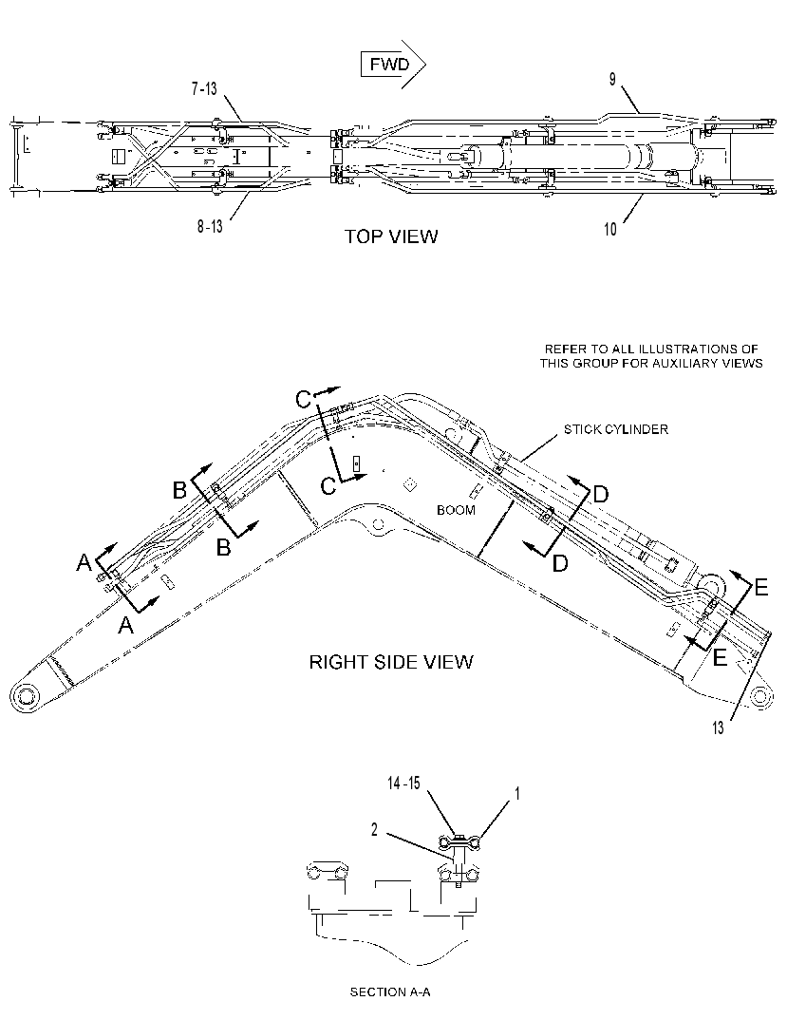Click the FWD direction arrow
pyautogui.click(x=393, y=65)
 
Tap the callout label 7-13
pyautogui.click(x=203, y=88)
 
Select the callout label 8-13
pyautogui.click(x=210, y=226)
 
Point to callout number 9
pyautogui.click(x=612, y=79)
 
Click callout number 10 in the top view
pyautogui.click(x=610, y=229)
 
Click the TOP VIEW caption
pyautogui.click(x=391, y=236)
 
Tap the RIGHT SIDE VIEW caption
pyautogui.click(x=391, y=662)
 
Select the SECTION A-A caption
pyautogui.click(x=390, y=992)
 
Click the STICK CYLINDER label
pyautogui.click(x=615, y=429)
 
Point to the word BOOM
pyautogui.click(x=456, y=510)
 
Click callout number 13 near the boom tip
pyautogui.click(x=718, y=727)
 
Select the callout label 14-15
pyautogui.click(x=403, y=784)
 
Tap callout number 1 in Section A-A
pyautogui.click(x=517, y=793)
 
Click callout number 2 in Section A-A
pyautogui.click(x=375, y=830)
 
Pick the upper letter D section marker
pyautogui.click(x=600, y=495)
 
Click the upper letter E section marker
pyautogui.click(x=760, y=588)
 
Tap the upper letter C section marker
pyautogui.click(x=303, y=400)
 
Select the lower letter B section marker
pyautogui.click(x=223, y=548)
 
